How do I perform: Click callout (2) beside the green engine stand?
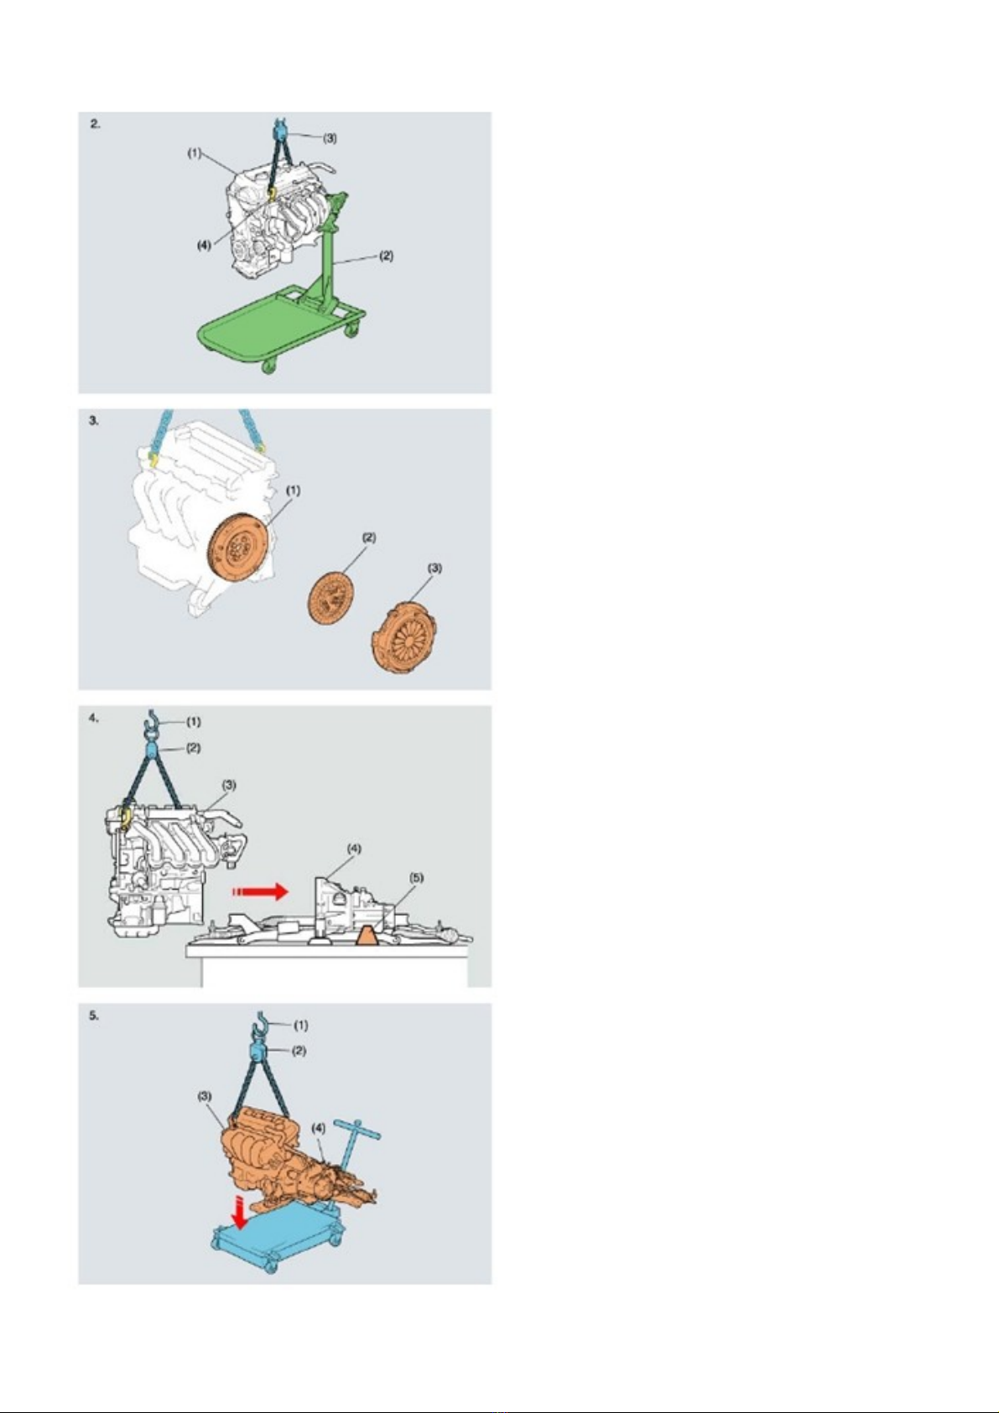[x=386, y=256]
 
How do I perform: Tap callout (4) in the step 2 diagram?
[x=204, y=246]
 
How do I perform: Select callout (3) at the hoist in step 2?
[x=330, y=138]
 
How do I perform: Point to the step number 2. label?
[x=95, y=124]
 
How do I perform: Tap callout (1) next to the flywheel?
[x=294, y=490]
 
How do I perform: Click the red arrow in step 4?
[x=260, y=891]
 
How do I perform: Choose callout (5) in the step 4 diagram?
[x=416, y=877]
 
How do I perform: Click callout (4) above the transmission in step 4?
[x=354, y=849]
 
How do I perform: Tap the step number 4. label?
[x=95, y=717]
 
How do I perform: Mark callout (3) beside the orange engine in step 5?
[x=205, y=1096]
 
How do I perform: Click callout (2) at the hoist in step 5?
[x=299, y=1051]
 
